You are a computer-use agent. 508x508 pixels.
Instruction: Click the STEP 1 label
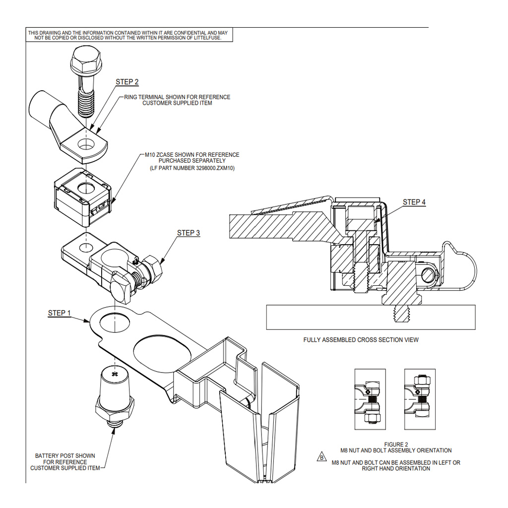coord(59,313)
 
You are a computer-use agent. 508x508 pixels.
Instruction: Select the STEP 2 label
coord(127,82)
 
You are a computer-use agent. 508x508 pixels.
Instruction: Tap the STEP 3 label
coord(189,233)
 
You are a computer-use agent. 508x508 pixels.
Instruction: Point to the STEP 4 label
coord(414,202)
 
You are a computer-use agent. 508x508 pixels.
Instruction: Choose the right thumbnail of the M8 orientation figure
coord(420,399)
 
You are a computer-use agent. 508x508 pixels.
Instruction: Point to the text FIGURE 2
coord(396,444)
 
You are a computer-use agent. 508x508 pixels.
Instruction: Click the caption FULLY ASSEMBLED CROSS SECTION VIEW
coord(361,340)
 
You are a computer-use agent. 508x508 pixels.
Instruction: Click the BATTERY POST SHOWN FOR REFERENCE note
coord(65,462)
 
